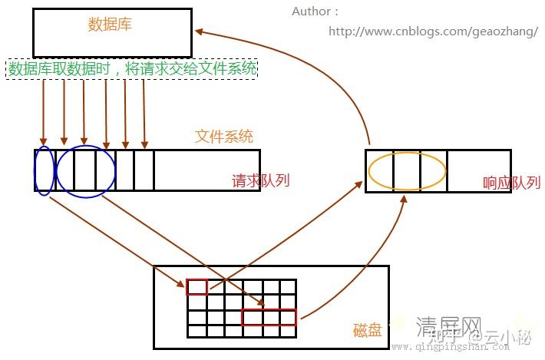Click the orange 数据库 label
[x=111, y=25]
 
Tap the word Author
[x=312, y=12]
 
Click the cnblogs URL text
[x=433, y=31]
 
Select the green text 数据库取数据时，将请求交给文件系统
[x=133, y=70]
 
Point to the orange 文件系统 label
[x=224, y=137]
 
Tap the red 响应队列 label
[x=511, y=183]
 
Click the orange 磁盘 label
[x=367, y=330]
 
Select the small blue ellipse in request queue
[x=45, y=170]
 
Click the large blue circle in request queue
[x=85, y=170]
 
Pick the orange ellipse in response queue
[x=407, y=170]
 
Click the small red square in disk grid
[x=197, y=287]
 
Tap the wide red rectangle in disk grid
[x=269, y=317]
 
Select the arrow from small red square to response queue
[x=284, y=235]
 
